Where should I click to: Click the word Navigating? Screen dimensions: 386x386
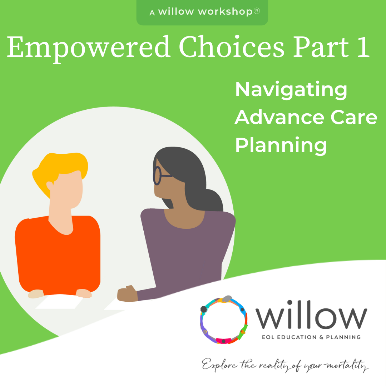click(x=291, y=90)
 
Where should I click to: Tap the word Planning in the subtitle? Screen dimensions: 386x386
click(x=281, y=145)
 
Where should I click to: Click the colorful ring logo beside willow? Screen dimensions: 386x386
click(x=224, y=320)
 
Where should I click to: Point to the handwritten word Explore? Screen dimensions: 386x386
click(x=218, y=365)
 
